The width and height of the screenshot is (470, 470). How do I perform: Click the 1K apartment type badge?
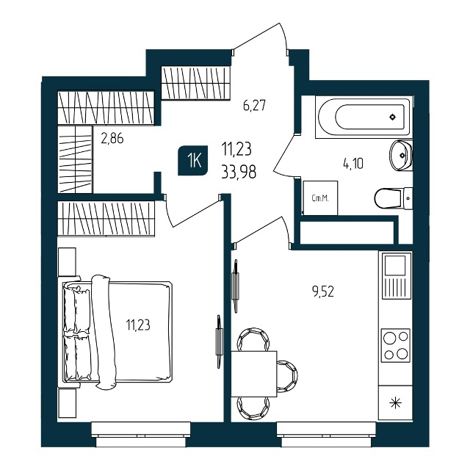[193, 160]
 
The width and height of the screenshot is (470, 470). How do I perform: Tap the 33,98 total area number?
[239, 173]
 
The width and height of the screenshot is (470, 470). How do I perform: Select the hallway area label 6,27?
[255, 106]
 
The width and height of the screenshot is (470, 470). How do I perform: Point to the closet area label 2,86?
[112, 139]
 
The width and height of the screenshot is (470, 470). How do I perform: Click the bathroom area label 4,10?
[353, 164]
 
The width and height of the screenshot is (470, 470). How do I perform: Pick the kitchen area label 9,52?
[323, 292]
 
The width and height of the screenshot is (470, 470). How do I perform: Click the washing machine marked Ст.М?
[320, 198]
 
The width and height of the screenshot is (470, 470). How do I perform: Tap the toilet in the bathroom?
[394, 198]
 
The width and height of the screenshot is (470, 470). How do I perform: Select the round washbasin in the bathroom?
[401, 155]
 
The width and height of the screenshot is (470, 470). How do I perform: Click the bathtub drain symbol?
[393, 117]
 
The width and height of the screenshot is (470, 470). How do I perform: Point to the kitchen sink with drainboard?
[395, 276]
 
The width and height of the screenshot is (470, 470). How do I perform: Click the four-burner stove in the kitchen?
[396, 345]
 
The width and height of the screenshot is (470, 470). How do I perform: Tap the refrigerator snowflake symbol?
[395, 403]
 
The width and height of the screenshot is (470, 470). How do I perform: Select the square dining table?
[254, 374]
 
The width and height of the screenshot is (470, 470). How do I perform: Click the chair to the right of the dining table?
[287, 376]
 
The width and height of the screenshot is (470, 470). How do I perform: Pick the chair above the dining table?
[253, 339]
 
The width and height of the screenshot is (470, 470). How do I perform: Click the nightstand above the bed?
[67, 261]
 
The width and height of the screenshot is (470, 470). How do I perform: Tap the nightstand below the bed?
[67, 403]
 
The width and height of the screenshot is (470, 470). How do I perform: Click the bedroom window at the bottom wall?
[141, 434]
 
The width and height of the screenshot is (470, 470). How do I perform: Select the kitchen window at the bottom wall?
[326, 434]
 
